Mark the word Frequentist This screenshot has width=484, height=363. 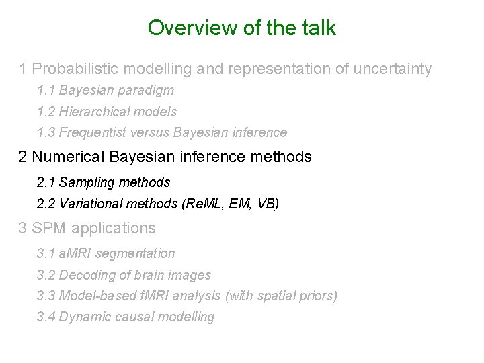point(93,133)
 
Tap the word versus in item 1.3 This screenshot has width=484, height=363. point(149,133)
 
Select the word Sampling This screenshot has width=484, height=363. point(83,182)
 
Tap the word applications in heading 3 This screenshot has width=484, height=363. point(113,229)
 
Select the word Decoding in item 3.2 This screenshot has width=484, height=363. point(84,276)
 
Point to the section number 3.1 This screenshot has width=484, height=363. point(46,254)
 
